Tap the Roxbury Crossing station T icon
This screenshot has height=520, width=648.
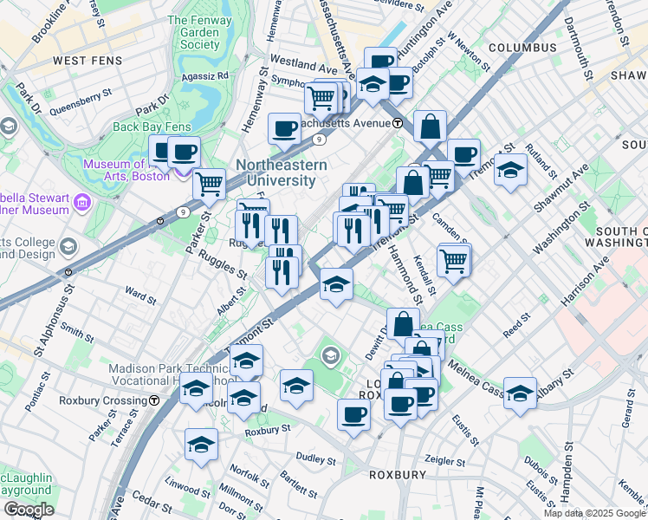pos(153,400)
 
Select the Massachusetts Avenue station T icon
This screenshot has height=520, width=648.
pos(398,123)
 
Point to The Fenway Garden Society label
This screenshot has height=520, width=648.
pos(194,32)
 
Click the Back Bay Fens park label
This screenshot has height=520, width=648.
pos(152,127)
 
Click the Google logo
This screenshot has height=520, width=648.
pos(29,510)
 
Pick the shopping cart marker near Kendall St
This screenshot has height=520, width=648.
pos(454,257)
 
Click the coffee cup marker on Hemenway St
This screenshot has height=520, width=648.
pos(284,129)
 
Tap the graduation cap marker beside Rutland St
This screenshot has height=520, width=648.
pos(511,169)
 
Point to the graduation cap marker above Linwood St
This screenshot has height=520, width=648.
pos(201,445)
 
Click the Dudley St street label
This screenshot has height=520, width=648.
pos(316,458)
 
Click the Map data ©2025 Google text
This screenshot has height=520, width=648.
pos(594,513)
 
